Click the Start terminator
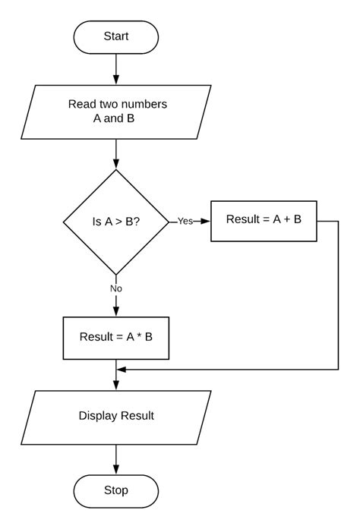tap(116, 36)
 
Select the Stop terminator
tap(116, 490)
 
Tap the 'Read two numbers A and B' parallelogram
tap(117, 112)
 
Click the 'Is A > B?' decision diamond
tap(116, 222)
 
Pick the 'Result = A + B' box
tap(264, 221)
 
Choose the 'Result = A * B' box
tap(116, 337)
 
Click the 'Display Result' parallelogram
tap(116, 415)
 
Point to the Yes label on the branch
tap(185, 222)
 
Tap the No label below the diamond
tap(116, 288)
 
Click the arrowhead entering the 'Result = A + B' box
tap(206, 222)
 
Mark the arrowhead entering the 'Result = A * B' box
tap(116, 311)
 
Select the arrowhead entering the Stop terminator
tap(116, 470)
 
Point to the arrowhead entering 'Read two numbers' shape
tap(116, 80)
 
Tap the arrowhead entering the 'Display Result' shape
tap(116, 386)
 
